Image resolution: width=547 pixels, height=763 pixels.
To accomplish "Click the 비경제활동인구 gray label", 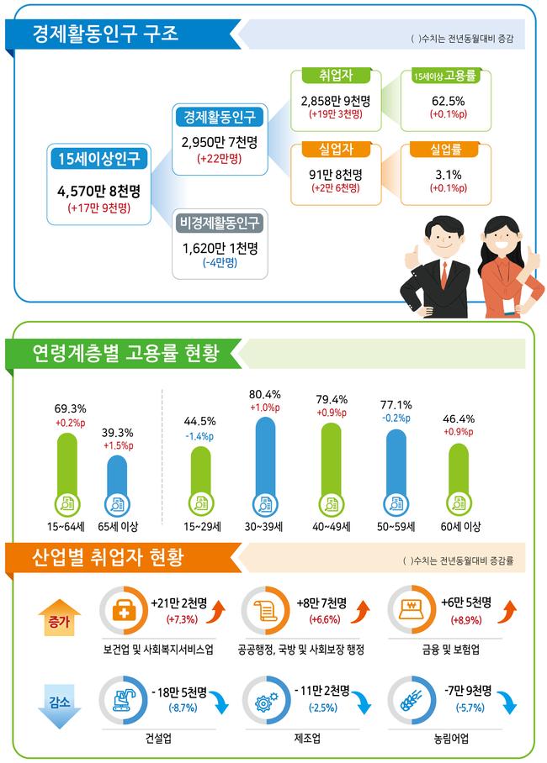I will click(x=219, y=223).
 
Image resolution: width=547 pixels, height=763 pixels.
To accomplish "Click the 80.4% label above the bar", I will click(x=265, y=394).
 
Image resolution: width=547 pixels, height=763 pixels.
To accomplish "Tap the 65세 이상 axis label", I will click(x=118, y=527).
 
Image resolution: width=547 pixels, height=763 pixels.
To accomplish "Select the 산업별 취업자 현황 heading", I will click(x=119, y=557).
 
